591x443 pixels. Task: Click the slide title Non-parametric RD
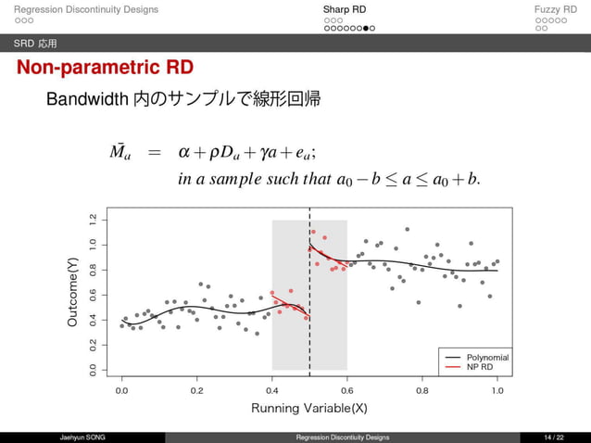(x=104, y=69)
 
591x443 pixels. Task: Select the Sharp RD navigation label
(x=344, y=10)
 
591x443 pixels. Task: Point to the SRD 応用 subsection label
(x=34, y=44)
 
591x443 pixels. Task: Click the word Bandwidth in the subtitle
(x=88, y=99)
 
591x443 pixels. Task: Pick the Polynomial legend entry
(x=487, y=357)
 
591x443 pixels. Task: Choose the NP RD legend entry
(x=481, y=367)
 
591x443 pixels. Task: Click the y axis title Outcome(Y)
(x=72, y=293)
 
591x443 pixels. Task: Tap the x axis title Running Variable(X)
(x=309, y=408)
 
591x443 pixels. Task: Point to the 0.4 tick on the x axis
(x=272, y=390)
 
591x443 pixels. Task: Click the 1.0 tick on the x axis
(x=498, y=390)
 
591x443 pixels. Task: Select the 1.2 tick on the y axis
(x=91, y=220)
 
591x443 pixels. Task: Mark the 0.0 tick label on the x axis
(x=121, y=390)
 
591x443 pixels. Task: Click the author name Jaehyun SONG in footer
(x=82, y=437)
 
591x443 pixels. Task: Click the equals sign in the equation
(x=154, y=151)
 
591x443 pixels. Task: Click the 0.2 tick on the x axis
(x=196, y=390)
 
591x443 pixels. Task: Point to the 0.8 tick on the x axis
(x=423, y=390)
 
